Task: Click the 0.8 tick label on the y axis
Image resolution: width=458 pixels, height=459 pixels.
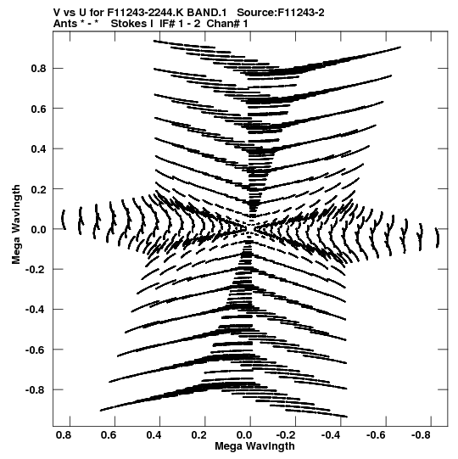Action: [x=38, y=68]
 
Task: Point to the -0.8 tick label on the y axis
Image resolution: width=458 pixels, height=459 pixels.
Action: [x=36, y=390]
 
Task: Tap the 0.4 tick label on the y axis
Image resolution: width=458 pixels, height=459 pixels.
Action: [x=38, y=148]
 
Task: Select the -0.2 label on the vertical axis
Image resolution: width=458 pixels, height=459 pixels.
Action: [x=36, y=269]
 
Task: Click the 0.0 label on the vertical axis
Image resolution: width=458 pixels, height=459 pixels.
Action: [x=38, y=229]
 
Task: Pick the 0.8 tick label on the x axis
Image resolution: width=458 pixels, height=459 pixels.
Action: [x=64, y=435]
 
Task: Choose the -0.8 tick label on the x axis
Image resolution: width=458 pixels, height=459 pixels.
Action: [x=421, y=435]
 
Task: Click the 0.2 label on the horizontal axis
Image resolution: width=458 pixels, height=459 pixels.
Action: [x=199, y=435]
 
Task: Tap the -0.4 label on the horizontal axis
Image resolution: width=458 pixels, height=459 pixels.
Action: [x=331, y=435]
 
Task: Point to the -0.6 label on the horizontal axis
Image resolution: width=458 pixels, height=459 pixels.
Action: [x=376, y=435]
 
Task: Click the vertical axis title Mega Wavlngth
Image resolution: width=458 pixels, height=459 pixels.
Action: [x=16, y=225]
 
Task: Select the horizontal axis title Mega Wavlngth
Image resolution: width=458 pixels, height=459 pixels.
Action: [x=254, y=446]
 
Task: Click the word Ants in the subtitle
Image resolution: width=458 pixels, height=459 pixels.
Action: [x=65, y=24]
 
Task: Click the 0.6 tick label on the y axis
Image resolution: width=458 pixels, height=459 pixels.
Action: [x=38, y=109]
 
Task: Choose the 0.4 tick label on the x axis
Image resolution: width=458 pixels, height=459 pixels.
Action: [x=154, y=435]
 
